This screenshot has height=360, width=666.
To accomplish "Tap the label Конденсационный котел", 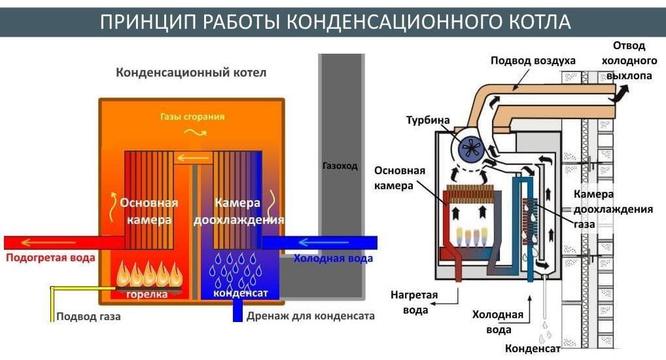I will (x=191, y=72).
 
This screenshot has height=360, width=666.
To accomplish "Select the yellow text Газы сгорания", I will (x=192, y=117).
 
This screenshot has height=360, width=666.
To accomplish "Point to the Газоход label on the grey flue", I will (x=340, y=166).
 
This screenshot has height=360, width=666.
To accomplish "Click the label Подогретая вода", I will (x=50, y=257).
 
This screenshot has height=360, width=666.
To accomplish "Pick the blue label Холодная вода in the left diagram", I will (x=333, y=258).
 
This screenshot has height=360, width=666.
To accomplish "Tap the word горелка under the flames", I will (x=147, y=294).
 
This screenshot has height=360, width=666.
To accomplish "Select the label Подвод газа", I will (x=88, y=316).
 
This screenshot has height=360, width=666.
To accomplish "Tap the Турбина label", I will (x=428, y=120).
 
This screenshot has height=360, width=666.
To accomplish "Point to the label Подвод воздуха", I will (x=533, y=60).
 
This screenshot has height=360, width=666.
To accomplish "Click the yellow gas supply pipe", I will (x=52, y=302).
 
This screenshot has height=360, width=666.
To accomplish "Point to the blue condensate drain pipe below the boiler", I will (x=238, y=312).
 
